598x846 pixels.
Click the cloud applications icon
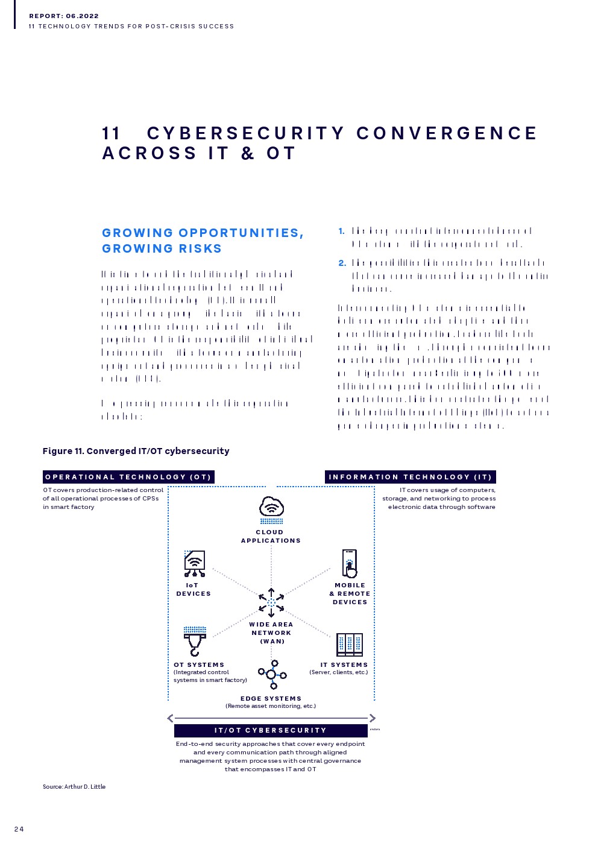(271, 510)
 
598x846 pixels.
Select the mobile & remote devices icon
(350, 563)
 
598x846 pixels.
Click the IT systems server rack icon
(350, 645)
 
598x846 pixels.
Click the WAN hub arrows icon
(271, 602)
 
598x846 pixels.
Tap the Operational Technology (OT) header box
(128, 477)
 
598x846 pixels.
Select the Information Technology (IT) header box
(411, 477)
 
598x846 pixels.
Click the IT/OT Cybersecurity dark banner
(271, 730)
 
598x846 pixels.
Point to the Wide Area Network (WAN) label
(271, 633)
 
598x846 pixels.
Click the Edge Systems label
(271, 698)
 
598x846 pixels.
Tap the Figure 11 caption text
(136, 451)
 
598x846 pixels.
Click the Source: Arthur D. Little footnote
(74, 786)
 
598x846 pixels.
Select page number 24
(19, 829)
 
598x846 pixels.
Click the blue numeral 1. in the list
(342, 232)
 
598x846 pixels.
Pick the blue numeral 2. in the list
(342, 263)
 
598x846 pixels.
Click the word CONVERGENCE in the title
(447, 133)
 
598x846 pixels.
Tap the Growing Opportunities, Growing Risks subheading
(203, 241)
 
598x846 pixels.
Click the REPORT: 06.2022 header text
(64, 16)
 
